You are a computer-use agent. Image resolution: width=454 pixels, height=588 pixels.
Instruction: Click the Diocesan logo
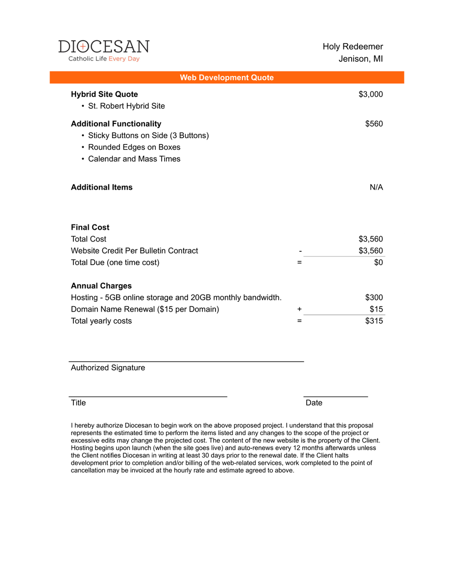(x=104, y=50)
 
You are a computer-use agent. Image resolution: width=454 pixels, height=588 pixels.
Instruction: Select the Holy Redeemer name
(x=353, y=47)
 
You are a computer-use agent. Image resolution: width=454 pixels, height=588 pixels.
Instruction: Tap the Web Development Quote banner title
(x=227, y=77)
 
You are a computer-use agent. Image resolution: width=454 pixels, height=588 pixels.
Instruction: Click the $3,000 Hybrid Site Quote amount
(x=371, y=94)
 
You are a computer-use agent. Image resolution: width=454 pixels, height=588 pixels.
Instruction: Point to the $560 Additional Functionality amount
(x=374, y=123)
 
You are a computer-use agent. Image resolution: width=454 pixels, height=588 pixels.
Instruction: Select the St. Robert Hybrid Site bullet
(x=126, y=106)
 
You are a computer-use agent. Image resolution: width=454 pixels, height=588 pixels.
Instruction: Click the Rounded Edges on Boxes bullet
(x=134, y=147)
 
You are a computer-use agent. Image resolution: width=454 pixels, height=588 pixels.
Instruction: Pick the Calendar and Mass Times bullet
(x=134, y=159)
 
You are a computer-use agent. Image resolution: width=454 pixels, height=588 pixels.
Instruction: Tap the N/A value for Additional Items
(x=376, y=187)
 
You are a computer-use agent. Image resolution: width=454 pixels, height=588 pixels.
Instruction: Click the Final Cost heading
(x=90, y=227)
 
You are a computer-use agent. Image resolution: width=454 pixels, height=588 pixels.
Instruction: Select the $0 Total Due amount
(x=378, y=262)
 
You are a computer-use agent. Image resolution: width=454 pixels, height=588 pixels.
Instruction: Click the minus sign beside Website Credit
(x=300, y=251)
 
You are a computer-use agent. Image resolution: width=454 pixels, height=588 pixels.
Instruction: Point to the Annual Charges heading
(x=101, y=286)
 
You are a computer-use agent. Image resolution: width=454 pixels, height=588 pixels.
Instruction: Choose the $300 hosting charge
(x=374, y=297)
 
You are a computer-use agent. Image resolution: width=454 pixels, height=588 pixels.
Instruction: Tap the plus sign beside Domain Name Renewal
(x=299, y=309)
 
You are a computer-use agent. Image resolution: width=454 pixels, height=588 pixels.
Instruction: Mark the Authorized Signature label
(x=108, y=367)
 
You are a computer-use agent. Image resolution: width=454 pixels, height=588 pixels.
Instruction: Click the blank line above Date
(x=335, y=395)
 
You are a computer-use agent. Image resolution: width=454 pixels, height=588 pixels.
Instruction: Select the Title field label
(x=78, y=403)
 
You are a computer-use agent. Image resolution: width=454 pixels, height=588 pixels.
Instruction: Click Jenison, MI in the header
(x=360, y=59)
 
